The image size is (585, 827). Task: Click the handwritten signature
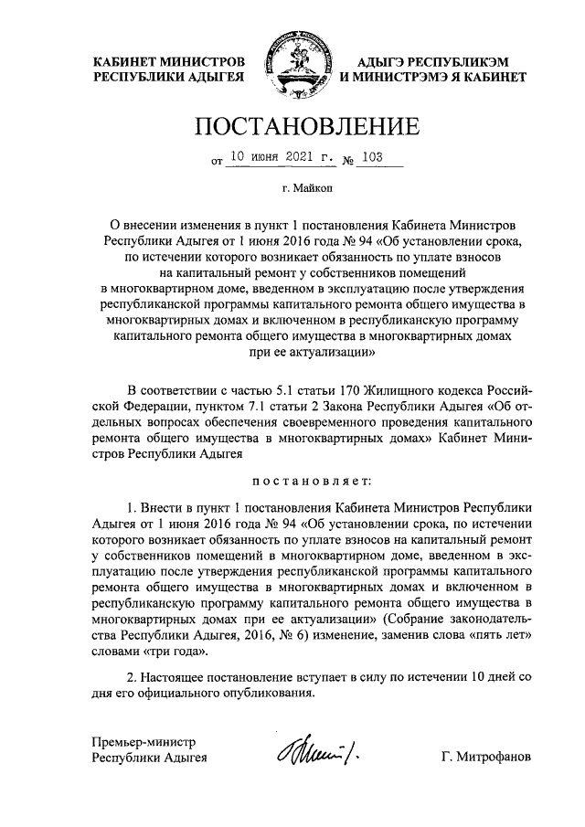click(306, 754)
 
